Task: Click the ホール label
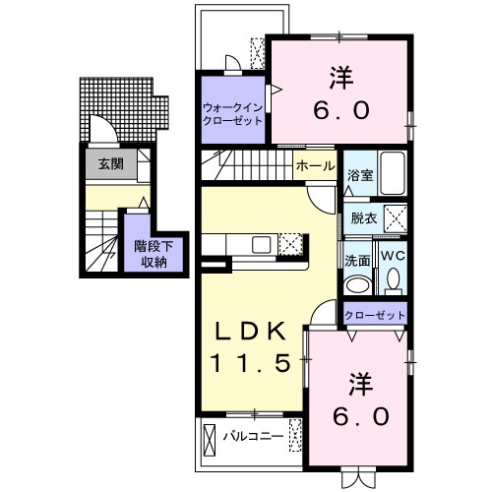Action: point(315,167)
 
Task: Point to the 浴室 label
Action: point(359,174)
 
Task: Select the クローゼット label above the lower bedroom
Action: point(375,315)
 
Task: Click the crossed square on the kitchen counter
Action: point(290,245)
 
